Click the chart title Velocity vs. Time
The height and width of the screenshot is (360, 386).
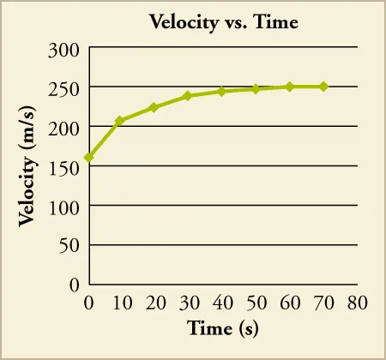click(x=224, y=21)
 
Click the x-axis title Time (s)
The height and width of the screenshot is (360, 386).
click(x=223, y=328)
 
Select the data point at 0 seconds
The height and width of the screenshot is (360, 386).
click(x=88, y=158)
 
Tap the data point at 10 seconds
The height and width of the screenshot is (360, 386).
click(x=120, y=121)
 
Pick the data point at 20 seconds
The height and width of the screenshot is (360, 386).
click(x=154, y=107)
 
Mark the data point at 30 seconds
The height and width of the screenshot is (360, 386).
click(x=188, y=95)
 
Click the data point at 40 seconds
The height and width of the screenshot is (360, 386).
click(x=221, y=91)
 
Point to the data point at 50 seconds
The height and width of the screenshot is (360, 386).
click(x=256, y=89)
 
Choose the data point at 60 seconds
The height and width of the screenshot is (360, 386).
click(x=289, y=87)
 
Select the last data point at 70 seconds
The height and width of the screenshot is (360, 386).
click(x=323, y=87)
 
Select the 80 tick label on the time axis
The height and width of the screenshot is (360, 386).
click(x=357, y=303)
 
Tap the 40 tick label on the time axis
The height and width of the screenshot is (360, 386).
click(x=221, y=303)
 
